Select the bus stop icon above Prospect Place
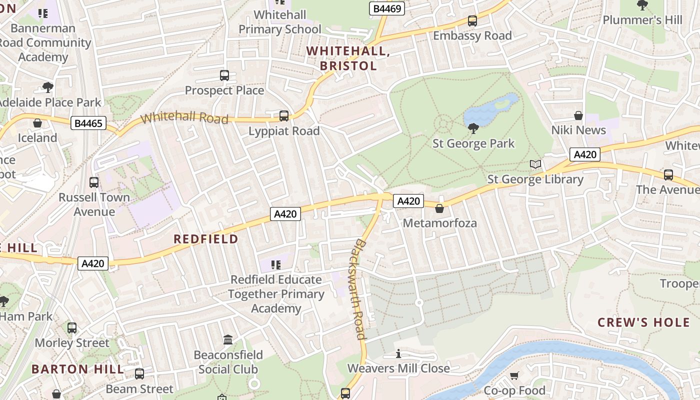coord(224,75)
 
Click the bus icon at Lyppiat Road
coord(284,116)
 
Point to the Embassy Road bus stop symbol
coord(472,21)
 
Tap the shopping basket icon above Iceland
coord(37,123)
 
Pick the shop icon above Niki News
coord(578,115)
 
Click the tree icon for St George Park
coord(473,128)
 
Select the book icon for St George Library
coord(535,164)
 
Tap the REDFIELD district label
coord(205,239)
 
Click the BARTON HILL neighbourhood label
coord(77,369)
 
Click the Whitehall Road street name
coord(184,118)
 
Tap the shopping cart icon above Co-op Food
coord(514,375)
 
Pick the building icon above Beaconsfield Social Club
coord(228,340)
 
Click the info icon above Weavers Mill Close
coord(398,354)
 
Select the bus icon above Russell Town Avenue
coord(94,182)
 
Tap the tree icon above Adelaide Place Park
coord(48,87)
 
